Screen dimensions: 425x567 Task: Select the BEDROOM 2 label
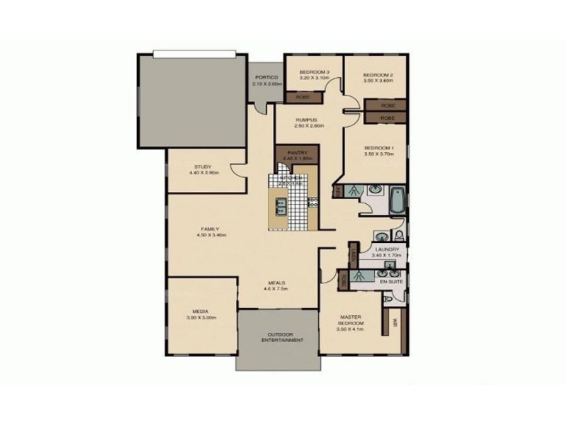tap(377, 75)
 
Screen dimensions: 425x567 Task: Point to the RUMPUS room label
tap(309, 120)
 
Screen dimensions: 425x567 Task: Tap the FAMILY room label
tap(209, 229)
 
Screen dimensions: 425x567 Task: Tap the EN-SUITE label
tap(391, 282)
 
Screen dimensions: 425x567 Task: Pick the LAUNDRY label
tap(388, 249)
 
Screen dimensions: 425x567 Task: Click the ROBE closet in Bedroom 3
tap(302, 96)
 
